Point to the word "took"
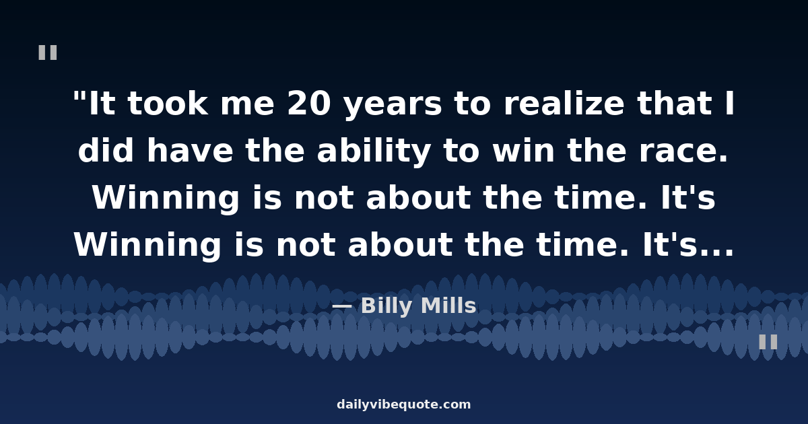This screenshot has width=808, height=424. (167, 105)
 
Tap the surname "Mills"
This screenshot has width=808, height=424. (448, 307)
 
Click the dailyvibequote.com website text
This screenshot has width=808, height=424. (404, 405)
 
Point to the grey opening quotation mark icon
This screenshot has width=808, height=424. (48, 52)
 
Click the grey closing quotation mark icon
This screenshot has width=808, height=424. (768, 342)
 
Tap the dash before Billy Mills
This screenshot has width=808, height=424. (341, 307)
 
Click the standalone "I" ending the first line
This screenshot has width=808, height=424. (729, 105)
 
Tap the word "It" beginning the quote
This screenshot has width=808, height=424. (100, 105)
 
